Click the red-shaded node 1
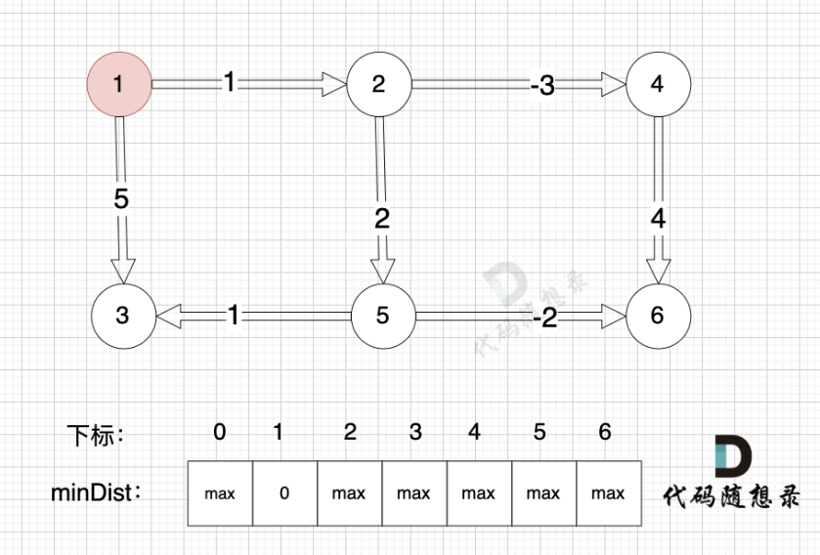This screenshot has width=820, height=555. pyautogui.click(x=119, y=84)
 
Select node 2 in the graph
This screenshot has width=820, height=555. pyautogui.click(x=379, y=84)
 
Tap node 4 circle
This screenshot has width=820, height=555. pyautogui.click(x=657, y=84)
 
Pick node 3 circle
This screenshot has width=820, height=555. pyautogui.click(x=122, y=316)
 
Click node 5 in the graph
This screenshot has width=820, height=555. pyautogui.click(x=382, y=316)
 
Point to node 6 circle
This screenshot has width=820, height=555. pyautogui.click(x=657, y=316)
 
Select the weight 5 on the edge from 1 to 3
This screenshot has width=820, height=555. pyautogui.click(x=121, y=199)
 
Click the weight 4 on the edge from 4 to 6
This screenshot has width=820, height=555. pyautogui.click(x=658, y=219)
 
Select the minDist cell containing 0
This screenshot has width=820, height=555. pyautogui.click(x=284, y=493)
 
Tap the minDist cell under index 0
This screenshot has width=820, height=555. pyautogui.click(x=220, y=493)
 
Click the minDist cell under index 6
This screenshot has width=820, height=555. pyautogui.click(x=608, y=493)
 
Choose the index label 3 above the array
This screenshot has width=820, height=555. pyautogui.click(x=415, y=432)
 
